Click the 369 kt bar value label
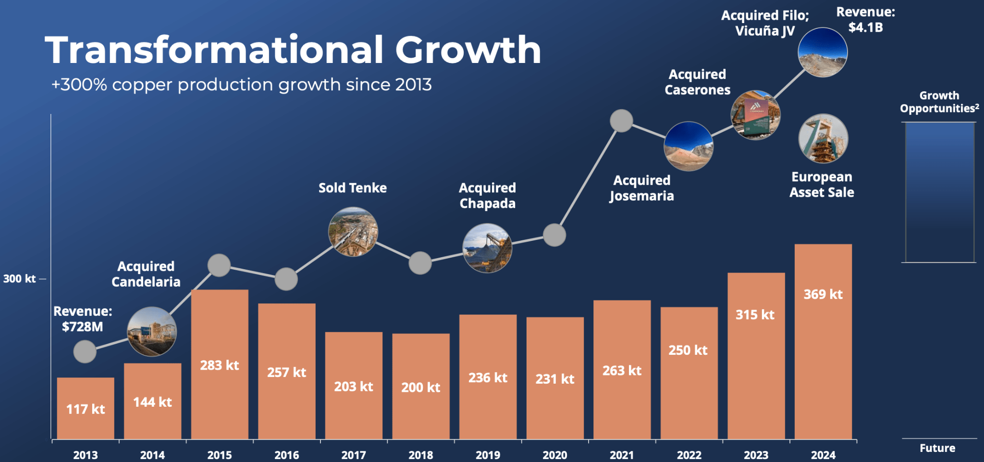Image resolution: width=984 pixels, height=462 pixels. tap(823, 294)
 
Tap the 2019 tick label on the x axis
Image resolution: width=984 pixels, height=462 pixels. tap(488, 455)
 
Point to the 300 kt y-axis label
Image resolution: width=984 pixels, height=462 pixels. tap(20, 279)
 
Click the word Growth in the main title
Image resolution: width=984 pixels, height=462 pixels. tap(468, 50)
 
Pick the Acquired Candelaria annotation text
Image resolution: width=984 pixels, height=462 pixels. tap(146, 274)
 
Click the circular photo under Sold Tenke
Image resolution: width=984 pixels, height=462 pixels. tap(353, 232)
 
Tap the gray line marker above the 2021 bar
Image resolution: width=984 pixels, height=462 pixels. tap(621, 121)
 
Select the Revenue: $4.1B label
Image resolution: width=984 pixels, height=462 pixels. tap(865, 20)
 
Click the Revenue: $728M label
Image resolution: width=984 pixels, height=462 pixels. tap(83, 319)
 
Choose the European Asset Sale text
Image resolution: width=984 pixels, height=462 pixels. tap(822, 185)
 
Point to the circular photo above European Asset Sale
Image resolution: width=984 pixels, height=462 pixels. tap(823, 138)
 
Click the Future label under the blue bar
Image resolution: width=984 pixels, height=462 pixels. tap(937, 448)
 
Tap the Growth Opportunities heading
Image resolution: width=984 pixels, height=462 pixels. tap(939, 102)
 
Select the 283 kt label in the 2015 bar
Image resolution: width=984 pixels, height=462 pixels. tap(220, 365)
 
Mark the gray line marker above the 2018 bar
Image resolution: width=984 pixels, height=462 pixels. tap(420, 263)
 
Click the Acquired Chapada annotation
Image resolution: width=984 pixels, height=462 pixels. tap(487, 196)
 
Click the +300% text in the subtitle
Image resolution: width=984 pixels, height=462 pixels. tap(79, 85)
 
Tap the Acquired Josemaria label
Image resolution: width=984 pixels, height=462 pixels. tap(641, 188)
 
